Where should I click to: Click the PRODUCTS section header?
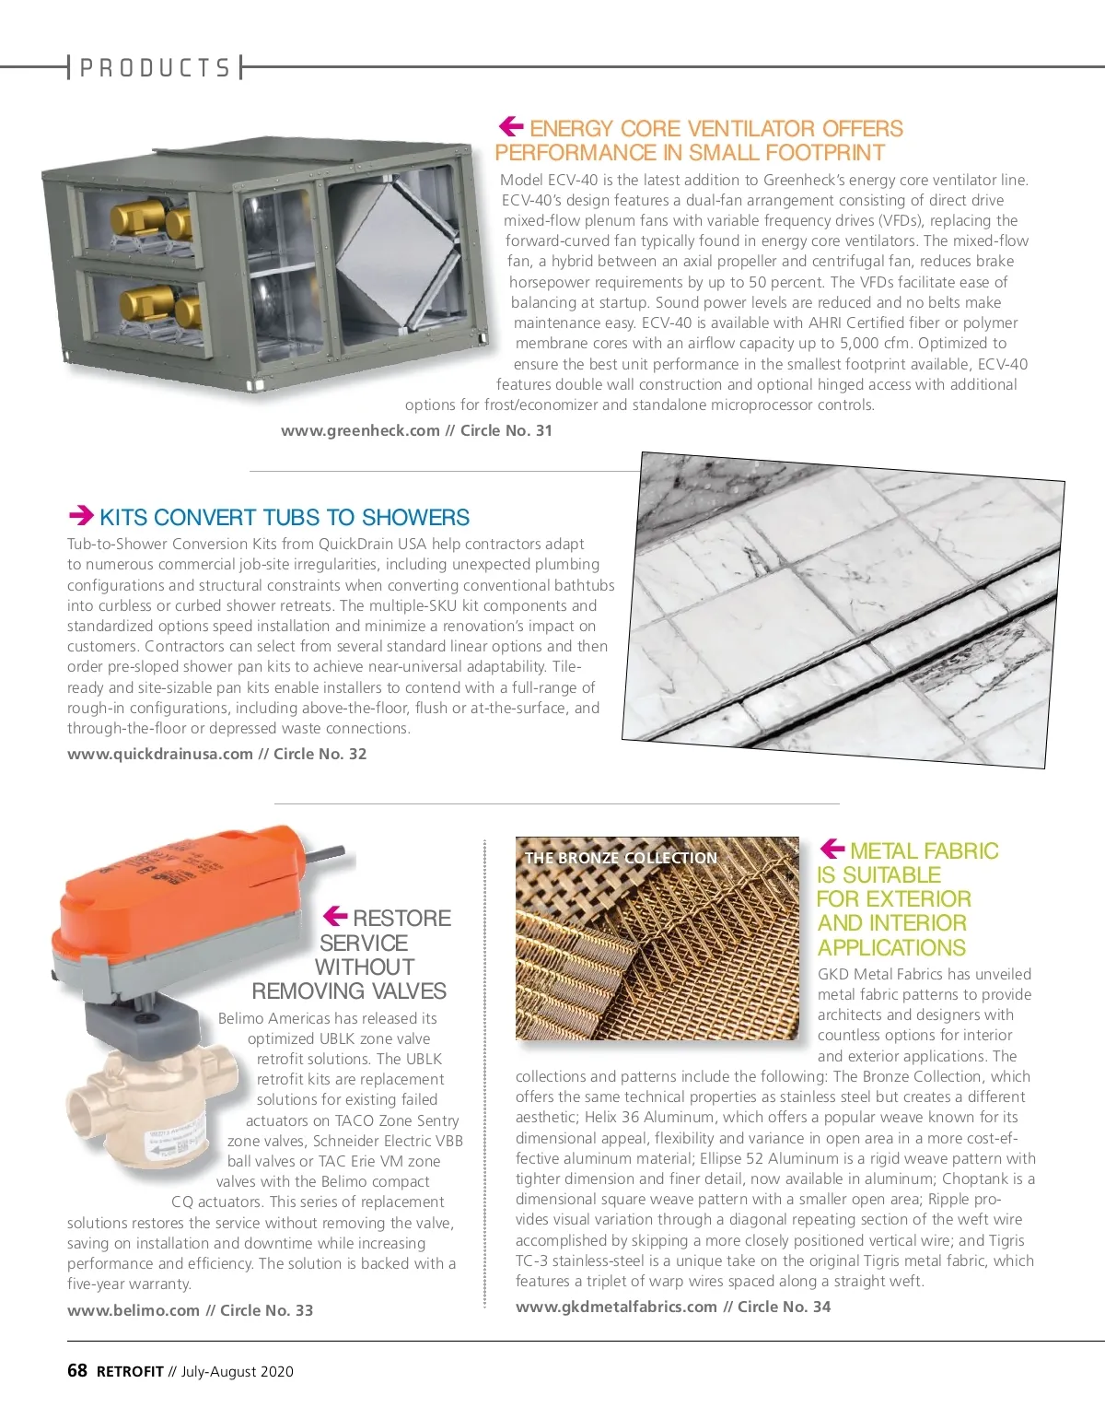(x=155, y=67)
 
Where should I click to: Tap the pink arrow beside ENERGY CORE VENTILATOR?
(x=511, y=126)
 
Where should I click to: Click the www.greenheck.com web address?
(x=360, y=430)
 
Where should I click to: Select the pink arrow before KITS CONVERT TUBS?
(x=82, y=515)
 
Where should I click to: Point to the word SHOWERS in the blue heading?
(x=415, y=517)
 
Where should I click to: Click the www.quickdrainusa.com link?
(x=160, y=754)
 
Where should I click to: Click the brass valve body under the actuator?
(x=152, y=1101)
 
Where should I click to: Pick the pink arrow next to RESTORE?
(x=335, y=916)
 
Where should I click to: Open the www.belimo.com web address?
(x=134, y=1310)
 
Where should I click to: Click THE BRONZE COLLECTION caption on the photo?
(x=621, y=858)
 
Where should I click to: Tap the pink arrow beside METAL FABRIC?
(x=832, y=848)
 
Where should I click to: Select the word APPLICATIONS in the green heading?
(x=891, y=947)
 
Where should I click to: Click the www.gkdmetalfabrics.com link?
(x=617, y=1307)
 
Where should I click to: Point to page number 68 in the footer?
(x=77, y=1370)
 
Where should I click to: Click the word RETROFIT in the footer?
(x=130, y=1371)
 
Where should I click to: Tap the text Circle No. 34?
(x=785, y=1307)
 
